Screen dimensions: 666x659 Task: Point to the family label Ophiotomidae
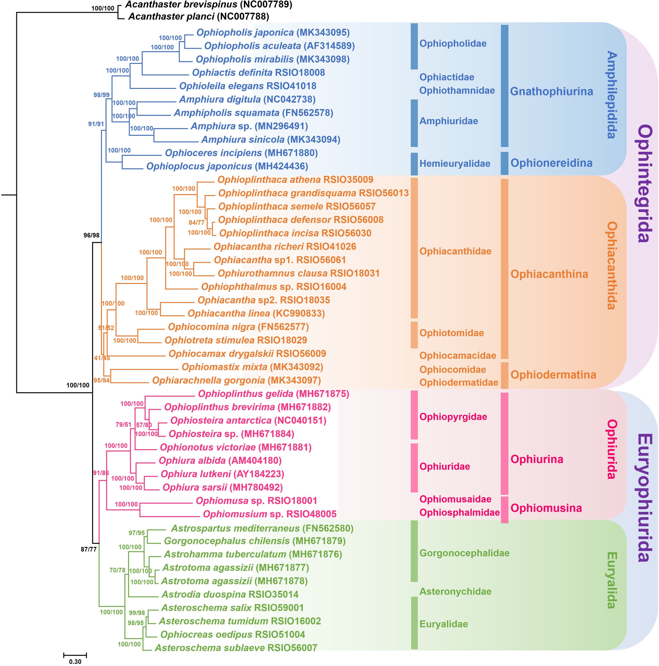(x=451, y=333)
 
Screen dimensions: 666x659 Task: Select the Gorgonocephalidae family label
(x=464, y=553)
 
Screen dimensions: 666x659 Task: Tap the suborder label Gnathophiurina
(x=551, y=91)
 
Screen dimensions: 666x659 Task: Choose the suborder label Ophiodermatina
(x=553, y=375)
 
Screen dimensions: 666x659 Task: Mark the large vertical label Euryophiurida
(x=644, y=498)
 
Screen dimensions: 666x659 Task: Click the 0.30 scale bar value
(x=75, y=661)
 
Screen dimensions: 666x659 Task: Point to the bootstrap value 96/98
(x=91, y=235)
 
